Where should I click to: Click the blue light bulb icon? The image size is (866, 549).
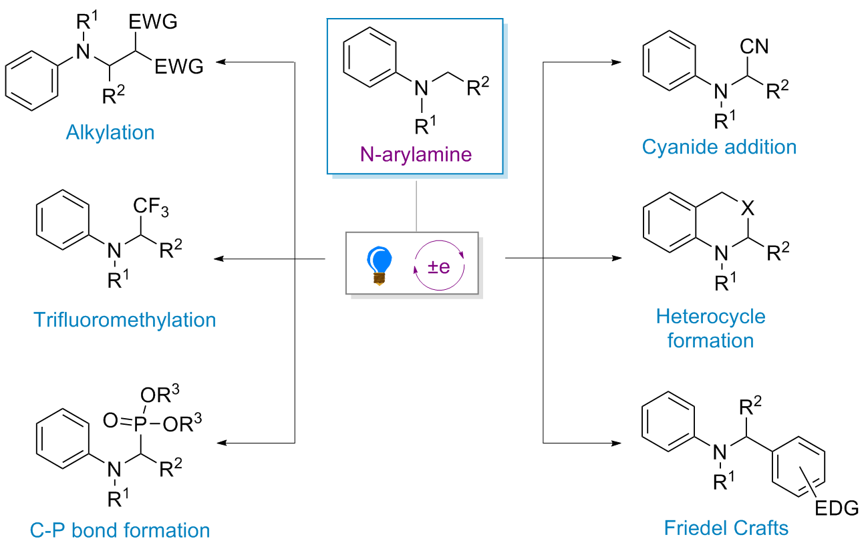pos(381,264)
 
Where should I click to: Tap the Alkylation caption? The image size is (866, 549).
pos(110,132)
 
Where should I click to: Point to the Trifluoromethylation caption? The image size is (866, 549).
pos(124,320)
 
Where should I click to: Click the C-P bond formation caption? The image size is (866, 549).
pos(120,530)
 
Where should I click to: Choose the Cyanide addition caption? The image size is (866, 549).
pos(719,147)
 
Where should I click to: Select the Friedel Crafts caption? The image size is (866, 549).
pos(726,528)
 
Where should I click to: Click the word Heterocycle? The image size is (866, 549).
pos(710,316)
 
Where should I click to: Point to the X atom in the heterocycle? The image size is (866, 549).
pos(748,210)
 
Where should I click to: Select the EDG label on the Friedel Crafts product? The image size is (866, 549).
pos(837,510)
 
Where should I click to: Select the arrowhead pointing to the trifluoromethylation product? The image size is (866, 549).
pos(218,258)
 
